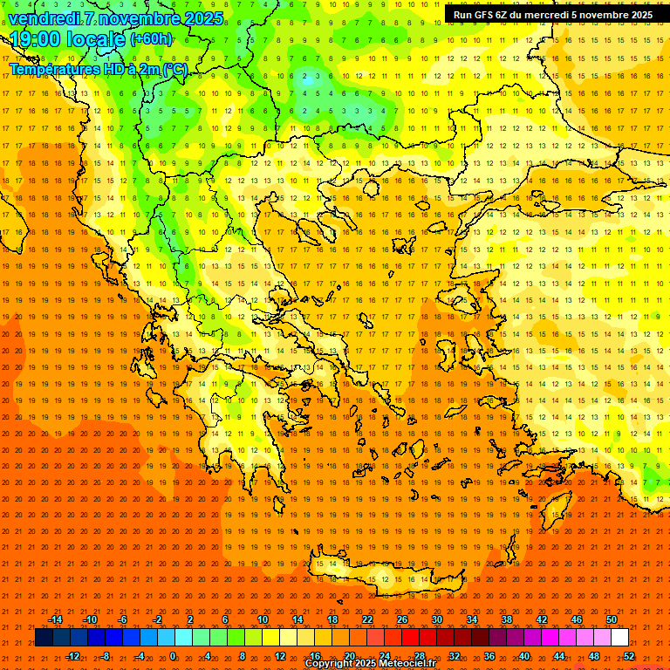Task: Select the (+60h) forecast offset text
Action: coord(151,39)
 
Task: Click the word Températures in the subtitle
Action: coord(53,69)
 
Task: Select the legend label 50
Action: coord(612,619)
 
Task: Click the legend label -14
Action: coord(55,619)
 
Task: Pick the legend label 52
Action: coord(628,655)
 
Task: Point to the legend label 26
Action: coord(401,619)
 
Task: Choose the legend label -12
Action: coord(72,655)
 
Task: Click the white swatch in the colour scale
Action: coord(619,638)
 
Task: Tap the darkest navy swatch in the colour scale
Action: coord(43,638)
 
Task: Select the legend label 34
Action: coord(472,619)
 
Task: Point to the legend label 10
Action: coord(262,619)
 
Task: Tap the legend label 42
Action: coord(542,619)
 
